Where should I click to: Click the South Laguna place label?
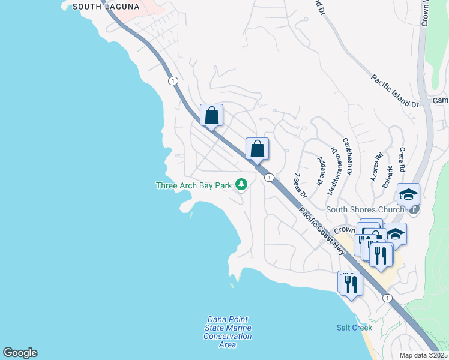(106, 7)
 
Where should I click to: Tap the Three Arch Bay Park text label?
(193, 185)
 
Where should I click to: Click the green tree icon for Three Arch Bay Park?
(241, 184)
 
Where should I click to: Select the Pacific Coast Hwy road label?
(322, 231)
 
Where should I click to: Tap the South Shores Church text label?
(365, 210)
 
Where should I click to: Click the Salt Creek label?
(354, 328)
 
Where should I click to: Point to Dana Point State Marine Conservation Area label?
(228, 332)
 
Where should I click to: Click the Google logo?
(20, 353)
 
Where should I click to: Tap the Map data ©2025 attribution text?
(423, 355)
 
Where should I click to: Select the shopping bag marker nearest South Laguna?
(211, 115)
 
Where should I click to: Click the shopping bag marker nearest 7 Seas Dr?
(257, 149)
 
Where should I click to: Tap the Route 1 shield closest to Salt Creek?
(388, 298)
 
